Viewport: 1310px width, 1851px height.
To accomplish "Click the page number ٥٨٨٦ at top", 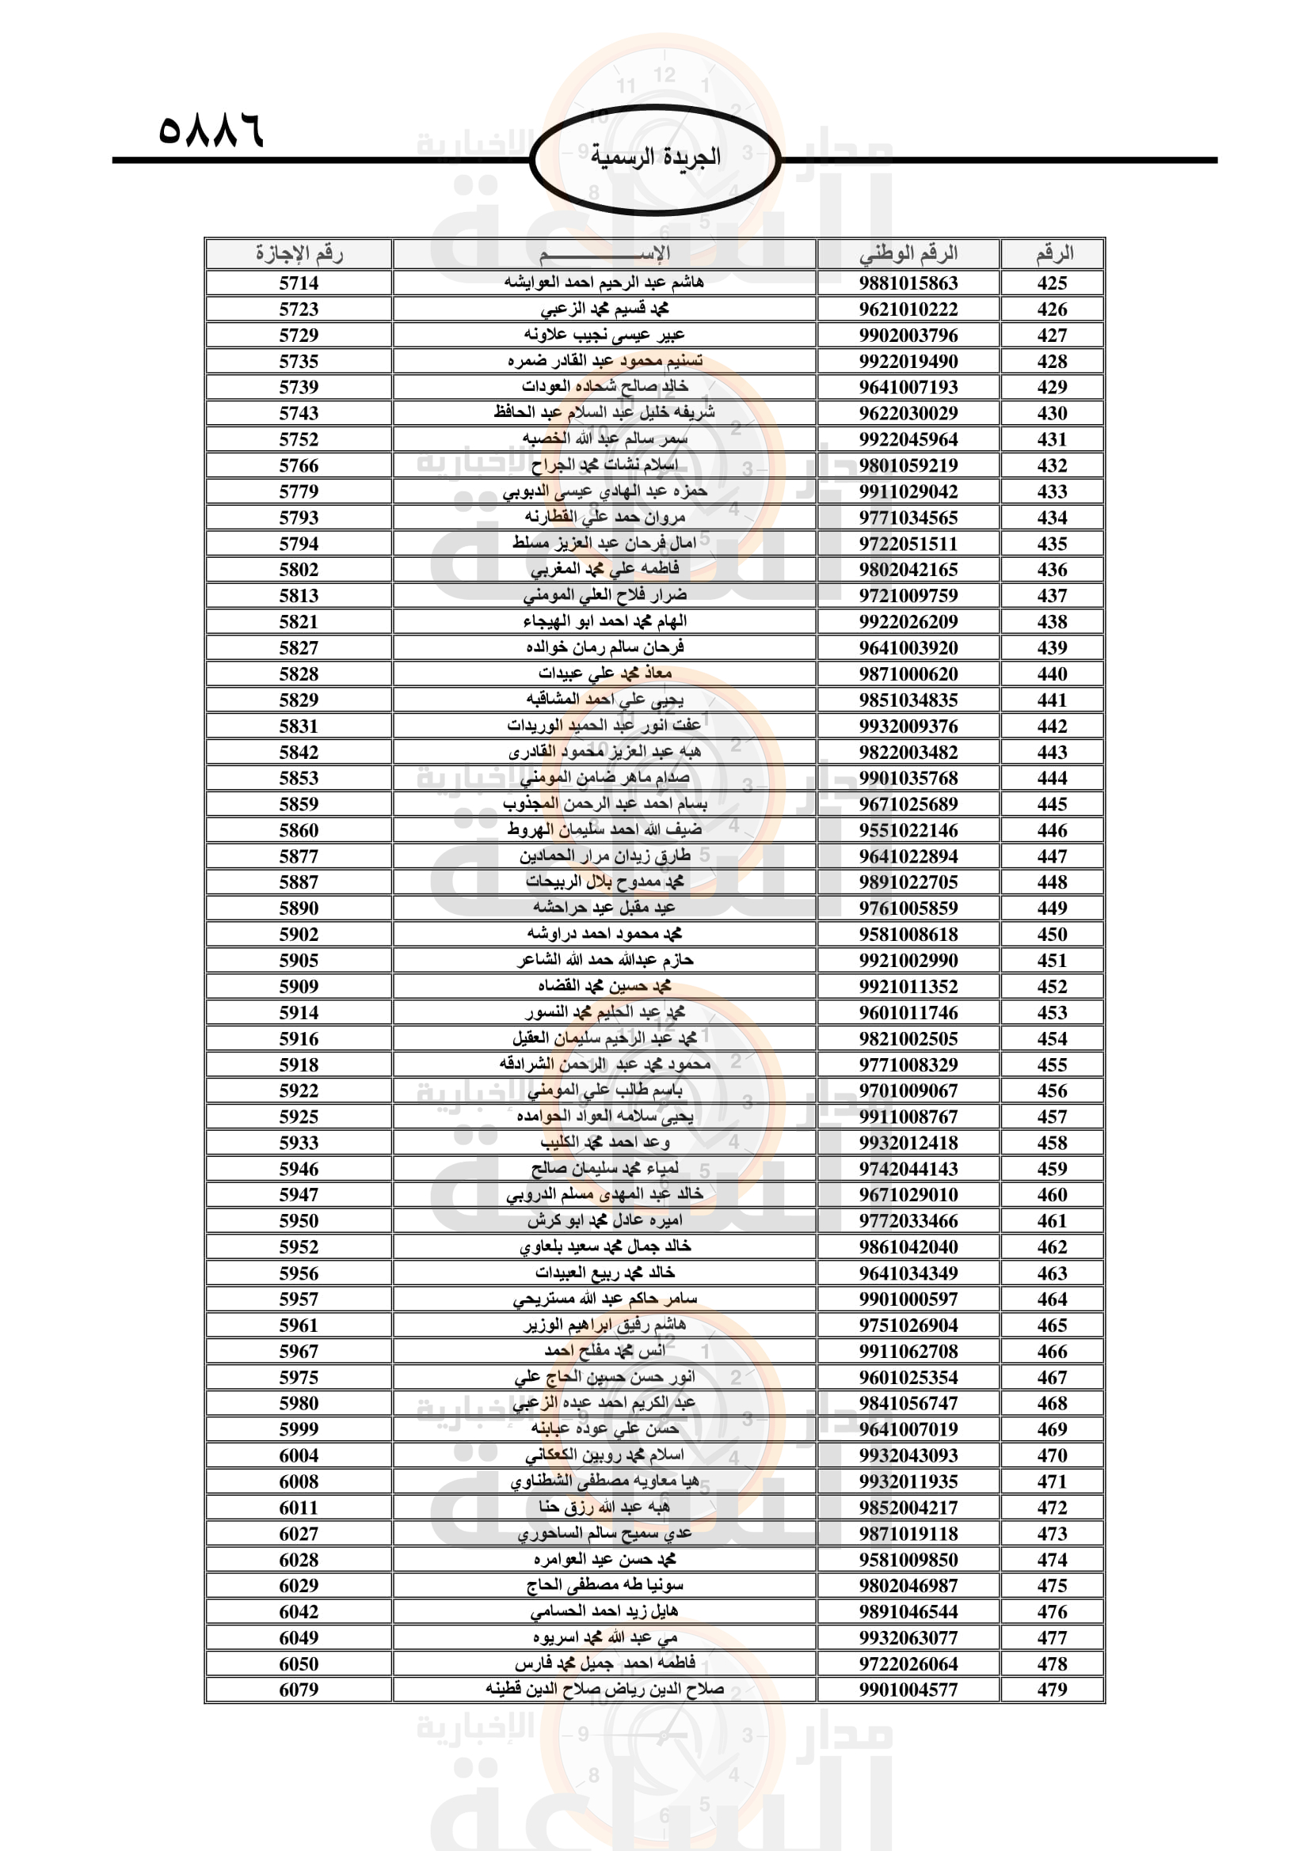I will (211, 130).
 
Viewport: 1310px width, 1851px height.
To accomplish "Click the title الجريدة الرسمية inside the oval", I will (655, 157).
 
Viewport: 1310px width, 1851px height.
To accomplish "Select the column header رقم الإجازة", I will (299, 254).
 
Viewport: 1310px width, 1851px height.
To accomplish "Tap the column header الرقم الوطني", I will (908, 254).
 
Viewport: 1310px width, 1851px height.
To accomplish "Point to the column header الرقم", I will (1053, 254).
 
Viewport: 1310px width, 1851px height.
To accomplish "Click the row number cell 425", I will (1052, 283).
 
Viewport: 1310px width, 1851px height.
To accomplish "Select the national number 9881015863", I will (908, 283).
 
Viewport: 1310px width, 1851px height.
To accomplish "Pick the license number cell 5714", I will (299, 283).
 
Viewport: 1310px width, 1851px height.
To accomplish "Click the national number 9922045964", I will (908, 439).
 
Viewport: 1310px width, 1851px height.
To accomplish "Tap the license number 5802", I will (299, 569).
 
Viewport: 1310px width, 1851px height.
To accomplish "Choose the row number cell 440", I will (1052, 674).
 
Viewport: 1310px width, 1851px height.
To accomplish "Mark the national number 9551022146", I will (908, 830).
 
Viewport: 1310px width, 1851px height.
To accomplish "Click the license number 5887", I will (299, 882).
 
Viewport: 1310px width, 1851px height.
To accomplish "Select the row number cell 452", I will (1052, 986).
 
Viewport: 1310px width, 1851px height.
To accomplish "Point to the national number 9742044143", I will (908, 1169).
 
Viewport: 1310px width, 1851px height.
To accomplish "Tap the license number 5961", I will (299, 1326).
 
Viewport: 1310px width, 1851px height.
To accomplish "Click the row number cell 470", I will (1052, 1455).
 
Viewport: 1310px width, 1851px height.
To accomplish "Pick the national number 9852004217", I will (908, 1508).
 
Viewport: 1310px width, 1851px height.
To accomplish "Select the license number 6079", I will (299, 1690).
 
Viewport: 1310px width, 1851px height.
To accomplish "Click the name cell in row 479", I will (605, 1690).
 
